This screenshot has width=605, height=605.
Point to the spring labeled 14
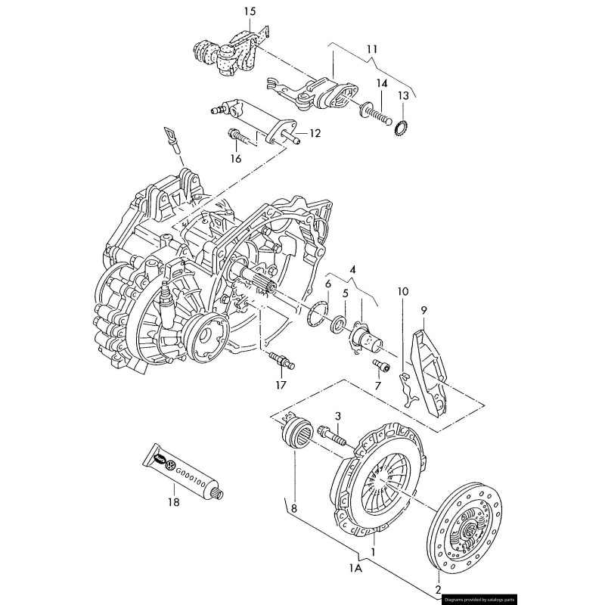click(x=377, y=114)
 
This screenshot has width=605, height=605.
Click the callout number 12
click(x=315, y=134)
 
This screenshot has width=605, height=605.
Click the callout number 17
click(x=281, y=385)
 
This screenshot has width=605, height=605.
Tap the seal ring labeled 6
click(x=318, y=313)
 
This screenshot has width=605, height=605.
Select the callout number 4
click(x=352, y=268)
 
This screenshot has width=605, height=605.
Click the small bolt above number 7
click(x=382, y=367)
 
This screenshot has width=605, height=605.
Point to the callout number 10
click(x=402, y=291)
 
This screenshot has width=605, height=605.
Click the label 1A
click(x=355, y=567)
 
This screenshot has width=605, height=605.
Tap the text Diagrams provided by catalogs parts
click(x=479, y=597)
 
